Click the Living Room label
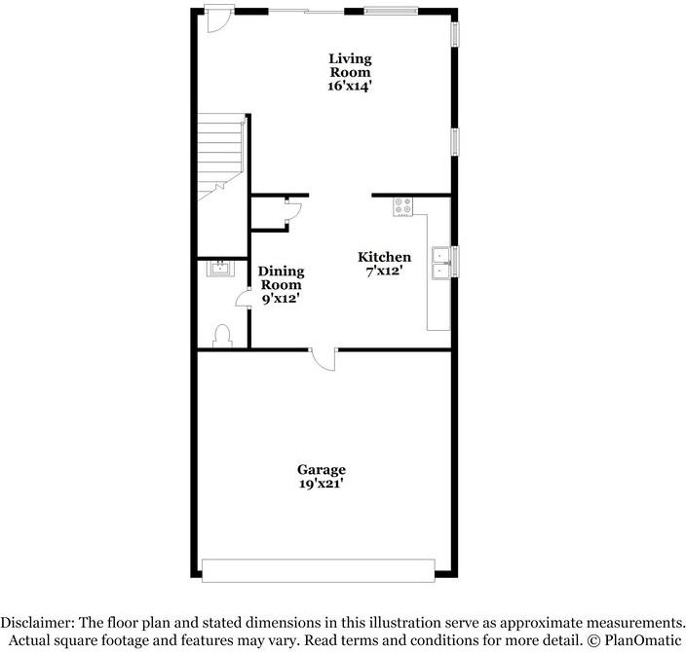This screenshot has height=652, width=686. click(349, 65)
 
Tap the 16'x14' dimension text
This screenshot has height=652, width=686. click(349, 86)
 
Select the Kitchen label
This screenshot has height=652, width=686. click(384, 257)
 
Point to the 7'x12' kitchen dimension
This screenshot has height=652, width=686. click(384, 272)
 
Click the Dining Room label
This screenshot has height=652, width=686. click(281, 278)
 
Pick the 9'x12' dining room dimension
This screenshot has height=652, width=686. click(281, 300)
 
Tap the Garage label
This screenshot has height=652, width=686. click(321, 469)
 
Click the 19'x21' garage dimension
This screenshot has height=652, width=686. click(321, 484)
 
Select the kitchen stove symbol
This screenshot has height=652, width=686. click(402, 206)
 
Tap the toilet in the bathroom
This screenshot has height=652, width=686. click(221, 335)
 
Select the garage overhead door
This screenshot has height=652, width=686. click(317, 569)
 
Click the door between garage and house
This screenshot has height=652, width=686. click(324, 359)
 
